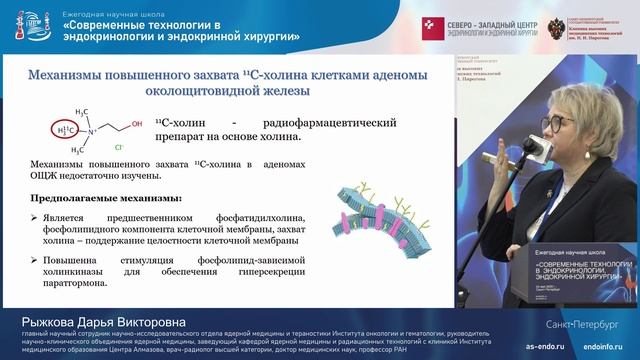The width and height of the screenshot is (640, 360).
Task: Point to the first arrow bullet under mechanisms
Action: point(35,217)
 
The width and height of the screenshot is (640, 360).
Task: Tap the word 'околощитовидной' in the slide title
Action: point(116,90)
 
